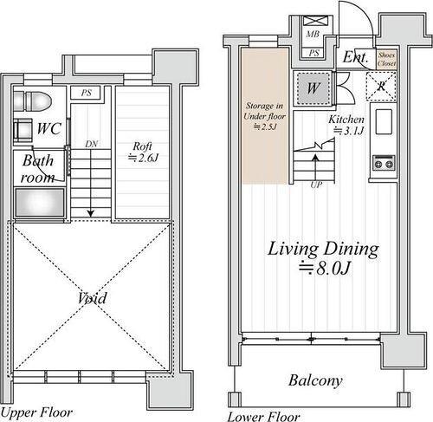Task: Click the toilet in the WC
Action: coord(32,101)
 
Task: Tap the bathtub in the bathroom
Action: coord(40,202)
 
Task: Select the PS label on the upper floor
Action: coord(87,93)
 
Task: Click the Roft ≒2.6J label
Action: coord(143,152)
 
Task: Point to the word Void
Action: coord(92,298)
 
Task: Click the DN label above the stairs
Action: coord(92,144)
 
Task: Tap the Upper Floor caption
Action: coord(36,412)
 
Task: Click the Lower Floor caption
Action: coord(264,417)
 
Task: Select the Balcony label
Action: coord(315,380)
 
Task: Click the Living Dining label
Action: coord(323,249)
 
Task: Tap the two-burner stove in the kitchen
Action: coord(384,164)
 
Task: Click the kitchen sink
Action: coord(384,121)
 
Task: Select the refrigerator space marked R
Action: coord(381,87)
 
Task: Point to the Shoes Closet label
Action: coord(386,59)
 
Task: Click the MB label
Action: coord(313,35)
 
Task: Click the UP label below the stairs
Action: coord(316,185)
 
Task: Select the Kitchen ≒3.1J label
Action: coord(346,125)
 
